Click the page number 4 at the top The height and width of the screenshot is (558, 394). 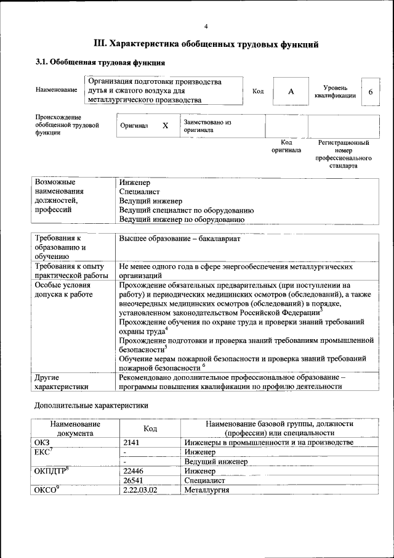[x=206, y=26]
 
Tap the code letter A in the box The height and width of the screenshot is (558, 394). [x=291, y=91]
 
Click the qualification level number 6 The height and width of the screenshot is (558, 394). [x=370, y=91]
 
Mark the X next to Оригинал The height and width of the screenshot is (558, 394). [x=165, y=126]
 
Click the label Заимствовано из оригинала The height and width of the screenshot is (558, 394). [x=207, y=126]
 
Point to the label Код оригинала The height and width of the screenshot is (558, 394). [x=286, y=146]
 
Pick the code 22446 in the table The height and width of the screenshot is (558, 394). [x=134, y=470]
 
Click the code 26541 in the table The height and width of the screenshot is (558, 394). [x=134, y=480]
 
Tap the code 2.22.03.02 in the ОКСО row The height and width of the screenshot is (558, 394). [x=140, y=490]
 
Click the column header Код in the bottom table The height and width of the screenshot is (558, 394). [x=150, y=429]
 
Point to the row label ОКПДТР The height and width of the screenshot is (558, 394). [x=49, y=470]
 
